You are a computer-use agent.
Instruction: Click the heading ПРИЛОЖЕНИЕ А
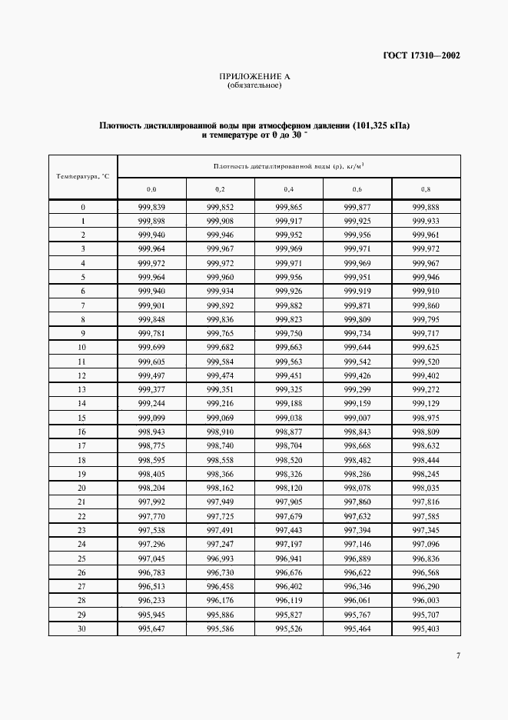(254, 76)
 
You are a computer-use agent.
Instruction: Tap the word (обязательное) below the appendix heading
(254, 85)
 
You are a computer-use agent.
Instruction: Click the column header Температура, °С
(83, 176)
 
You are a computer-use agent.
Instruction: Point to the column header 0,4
(288, 188)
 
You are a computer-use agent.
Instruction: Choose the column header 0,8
(426, 188)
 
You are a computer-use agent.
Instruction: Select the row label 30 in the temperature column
(83, 628)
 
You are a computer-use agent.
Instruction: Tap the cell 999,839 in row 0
(151, 208)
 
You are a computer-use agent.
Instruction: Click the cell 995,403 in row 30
(426, 628)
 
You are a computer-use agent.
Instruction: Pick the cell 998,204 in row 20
(151, 487)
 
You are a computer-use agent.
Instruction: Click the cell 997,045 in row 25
(151, 558)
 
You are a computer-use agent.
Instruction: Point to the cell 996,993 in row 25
(220, 558)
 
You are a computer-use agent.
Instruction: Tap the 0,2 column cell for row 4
(220, 263)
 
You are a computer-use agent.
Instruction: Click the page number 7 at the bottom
(457, 655)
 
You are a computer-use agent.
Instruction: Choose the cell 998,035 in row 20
(426, 487)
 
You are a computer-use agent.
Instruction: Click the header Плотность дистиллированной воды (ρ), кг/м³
(288, 165)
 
